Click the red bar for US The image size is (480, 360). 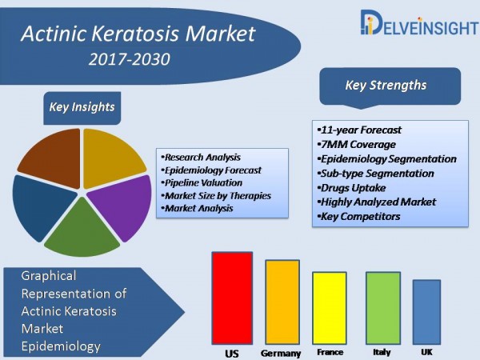[232, 298]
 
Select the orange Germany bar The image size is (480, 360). [282, 302]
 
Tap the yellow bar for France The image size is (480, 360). [330, 308]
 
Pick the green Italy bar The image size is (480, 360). [383, 308]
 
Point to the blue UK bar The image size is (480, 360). [426, 312]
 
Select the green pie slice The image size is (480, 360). [82, 230]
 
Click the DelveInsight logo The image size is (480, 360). [418, 22]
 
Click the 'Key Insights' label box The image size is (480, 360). [82, 108]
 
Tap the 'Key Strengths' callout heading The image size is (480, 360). [390, 86]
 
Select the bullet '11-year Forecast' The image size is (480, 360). [359, 130]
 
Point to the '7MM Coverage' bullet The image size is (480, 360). [356, 145]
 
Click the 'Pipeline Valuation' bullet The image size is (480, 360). [202, 183]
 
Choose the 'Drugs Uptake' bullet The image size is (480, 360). [351, 188]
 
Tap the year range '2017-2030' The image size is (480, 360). [129, 59]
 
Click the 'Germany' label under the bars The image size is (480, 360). [281, 354]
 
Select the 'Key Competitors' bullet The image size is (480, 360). [358, 217]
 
